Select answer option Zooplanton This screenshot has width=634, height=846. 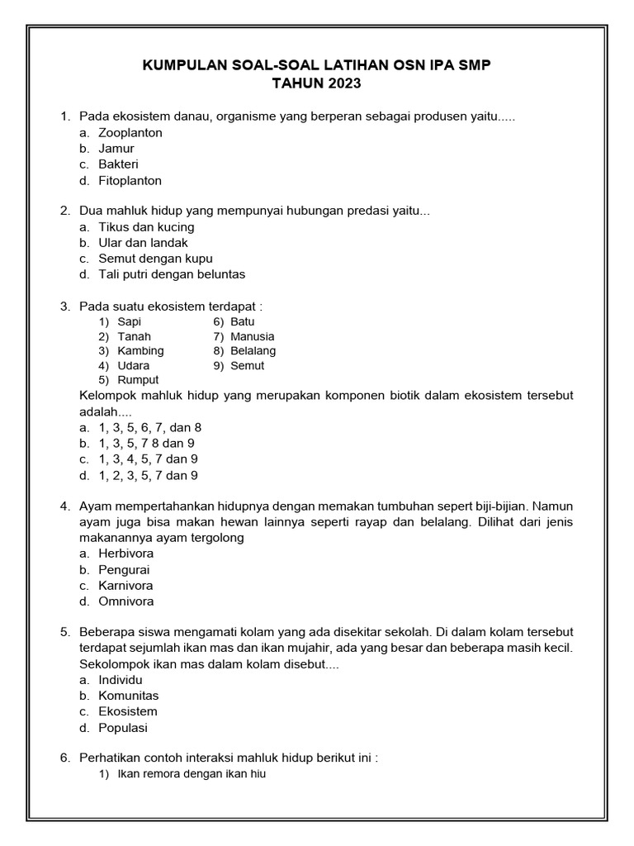(x=130, y=132)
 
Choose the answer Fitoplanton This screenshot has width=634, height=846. (x=130, y=180)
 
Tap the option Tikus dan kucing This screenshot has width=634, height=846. (x=146, y=226)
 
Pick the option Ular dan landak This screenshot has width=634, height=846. (x=143, y=242)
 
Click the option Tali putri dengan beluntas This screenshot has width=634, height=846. (x=172, y=274)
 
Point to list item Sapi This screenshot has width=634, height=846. (x=130, y=321)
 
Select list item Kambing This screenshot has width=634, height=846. (x=140, y=350)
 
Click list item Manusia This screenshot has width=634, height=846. (x=253, y=336)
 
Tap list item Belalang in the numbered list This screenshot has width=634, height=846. (x=253, y=350)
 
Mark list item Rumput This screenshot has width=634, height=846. (x=138, y=380)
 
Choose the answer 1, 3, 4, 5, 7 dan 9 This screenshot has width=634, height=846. (x=148, y=459)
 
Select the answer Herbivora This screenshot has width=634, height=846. (x=126, y=554)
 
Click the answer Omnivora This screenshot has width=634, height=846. (x=126, y=601)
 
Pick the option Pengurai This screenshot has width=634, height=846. (x=124, y=569)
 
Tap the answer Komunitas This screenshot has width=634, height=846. (x=128, y=696)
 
